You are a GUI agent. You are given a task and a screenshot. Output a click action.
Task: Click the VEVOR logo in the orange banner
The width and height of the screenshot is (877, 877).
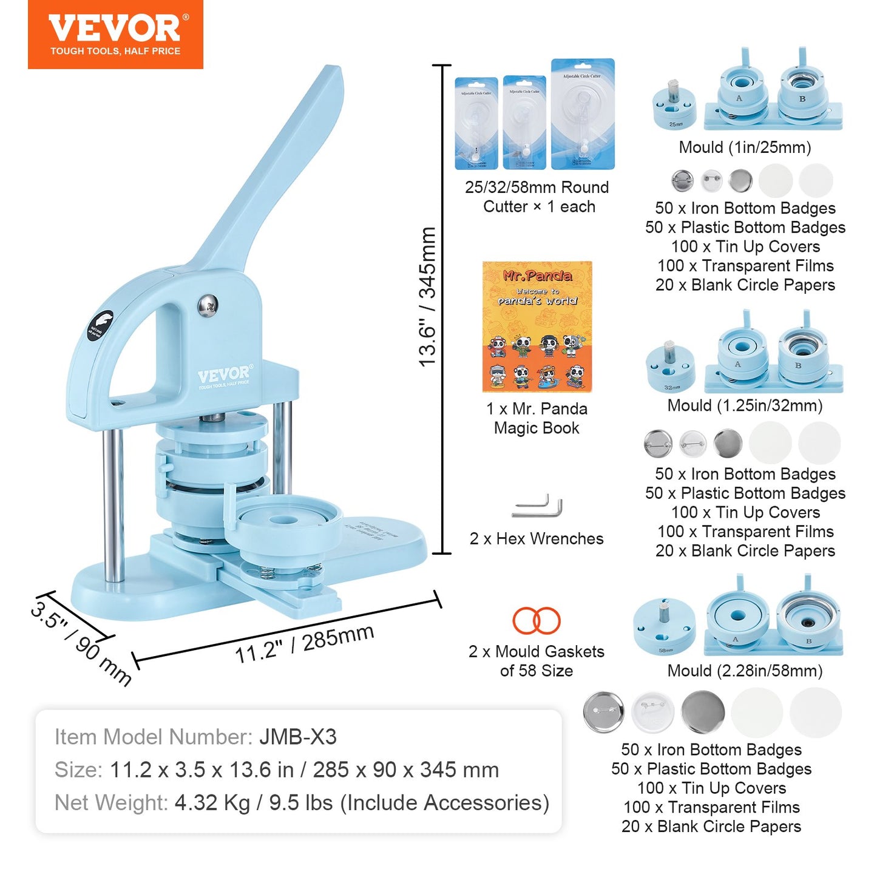(x=115, y=27)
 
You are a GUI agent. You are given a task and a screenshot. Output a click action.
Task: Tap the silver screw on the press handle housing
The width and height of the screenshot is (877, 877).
(x=208, y=305)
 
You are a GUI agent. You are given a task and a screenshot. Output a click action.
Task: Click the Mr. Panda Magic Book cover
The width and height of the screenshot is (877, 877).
(x=537, y=327)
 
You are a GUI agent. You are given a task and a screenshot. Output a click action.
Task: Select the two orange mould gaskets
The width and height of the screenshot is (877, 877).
(x=537, y=620)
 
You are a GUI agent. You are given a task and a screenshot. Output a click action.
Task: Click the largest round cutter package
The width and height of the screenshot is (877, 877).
(x=583, y=114)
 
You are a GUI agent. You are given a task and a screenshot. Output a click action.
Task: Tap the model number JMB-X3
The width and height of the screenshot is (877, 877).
(x=298, y=737)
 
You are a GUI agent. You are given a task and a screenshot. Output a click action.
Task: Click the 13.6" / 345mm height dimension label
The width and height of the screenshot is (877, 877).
(x=428, y=296)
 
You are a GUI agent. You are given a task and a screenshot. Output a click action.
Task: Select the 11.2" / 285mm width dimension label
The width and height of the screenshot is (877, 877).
(x=304, y=643)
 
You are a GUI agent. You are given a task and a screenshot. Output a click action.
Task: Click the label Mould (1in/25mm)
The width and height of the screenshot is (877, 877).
(x=745, y=147)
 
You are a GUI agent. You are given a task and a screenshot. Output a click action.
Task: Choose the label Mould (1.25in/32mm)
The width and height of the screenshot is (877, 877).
(x=745, y=405)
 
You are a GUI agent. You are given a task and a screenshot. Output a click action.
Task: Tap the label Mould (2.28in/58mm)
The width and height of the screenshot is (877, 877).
(x=745, y=671)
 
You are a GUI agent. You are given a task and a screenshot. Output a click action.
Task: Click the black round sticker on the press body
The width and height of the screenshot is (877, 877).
(x=100, y=326)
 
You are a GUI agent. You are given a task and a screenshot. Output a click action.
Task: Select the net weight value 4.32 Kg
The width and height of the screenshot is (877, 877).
(x=212, y=803)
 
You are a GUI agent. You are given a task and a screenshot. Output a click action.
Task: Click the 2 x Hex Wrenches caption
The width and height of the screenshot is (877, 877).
(x=537, y=538)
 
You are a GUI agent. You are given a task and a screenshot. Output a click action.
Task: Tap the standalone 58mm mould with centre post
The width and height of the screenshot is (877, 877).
(x=664, y=628)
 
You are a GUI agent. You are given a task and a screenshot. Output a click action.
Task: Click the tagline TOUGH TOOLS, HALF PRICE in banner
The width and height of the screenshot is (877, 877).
(x=115, y=52)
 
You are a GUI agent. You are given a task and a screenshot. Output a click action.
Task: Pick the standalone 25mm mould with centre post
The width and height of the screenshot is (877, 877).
(x=674, y=104)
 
